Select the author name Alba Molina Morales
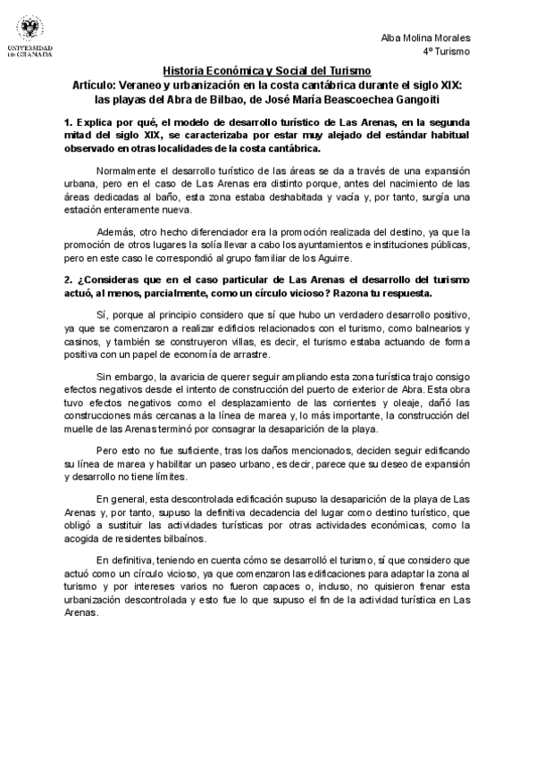tap(426, 37)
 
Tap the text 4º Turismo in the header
tap(448, 52)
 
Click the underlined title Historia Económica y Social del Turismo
tap(267, 71)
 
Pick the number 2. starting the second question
tap(68, 279)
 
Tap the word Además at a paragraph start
tap(114, 228)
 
